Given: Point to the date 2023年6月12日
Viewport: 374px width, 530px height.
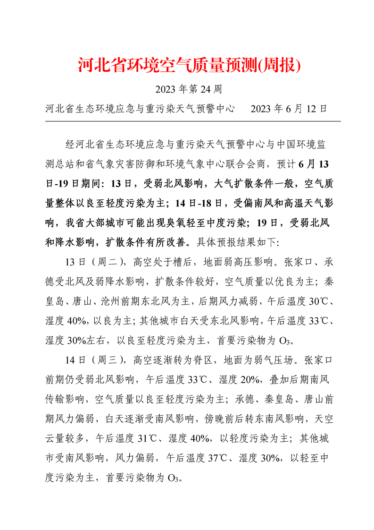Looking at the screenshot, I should tap(289, 108).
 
